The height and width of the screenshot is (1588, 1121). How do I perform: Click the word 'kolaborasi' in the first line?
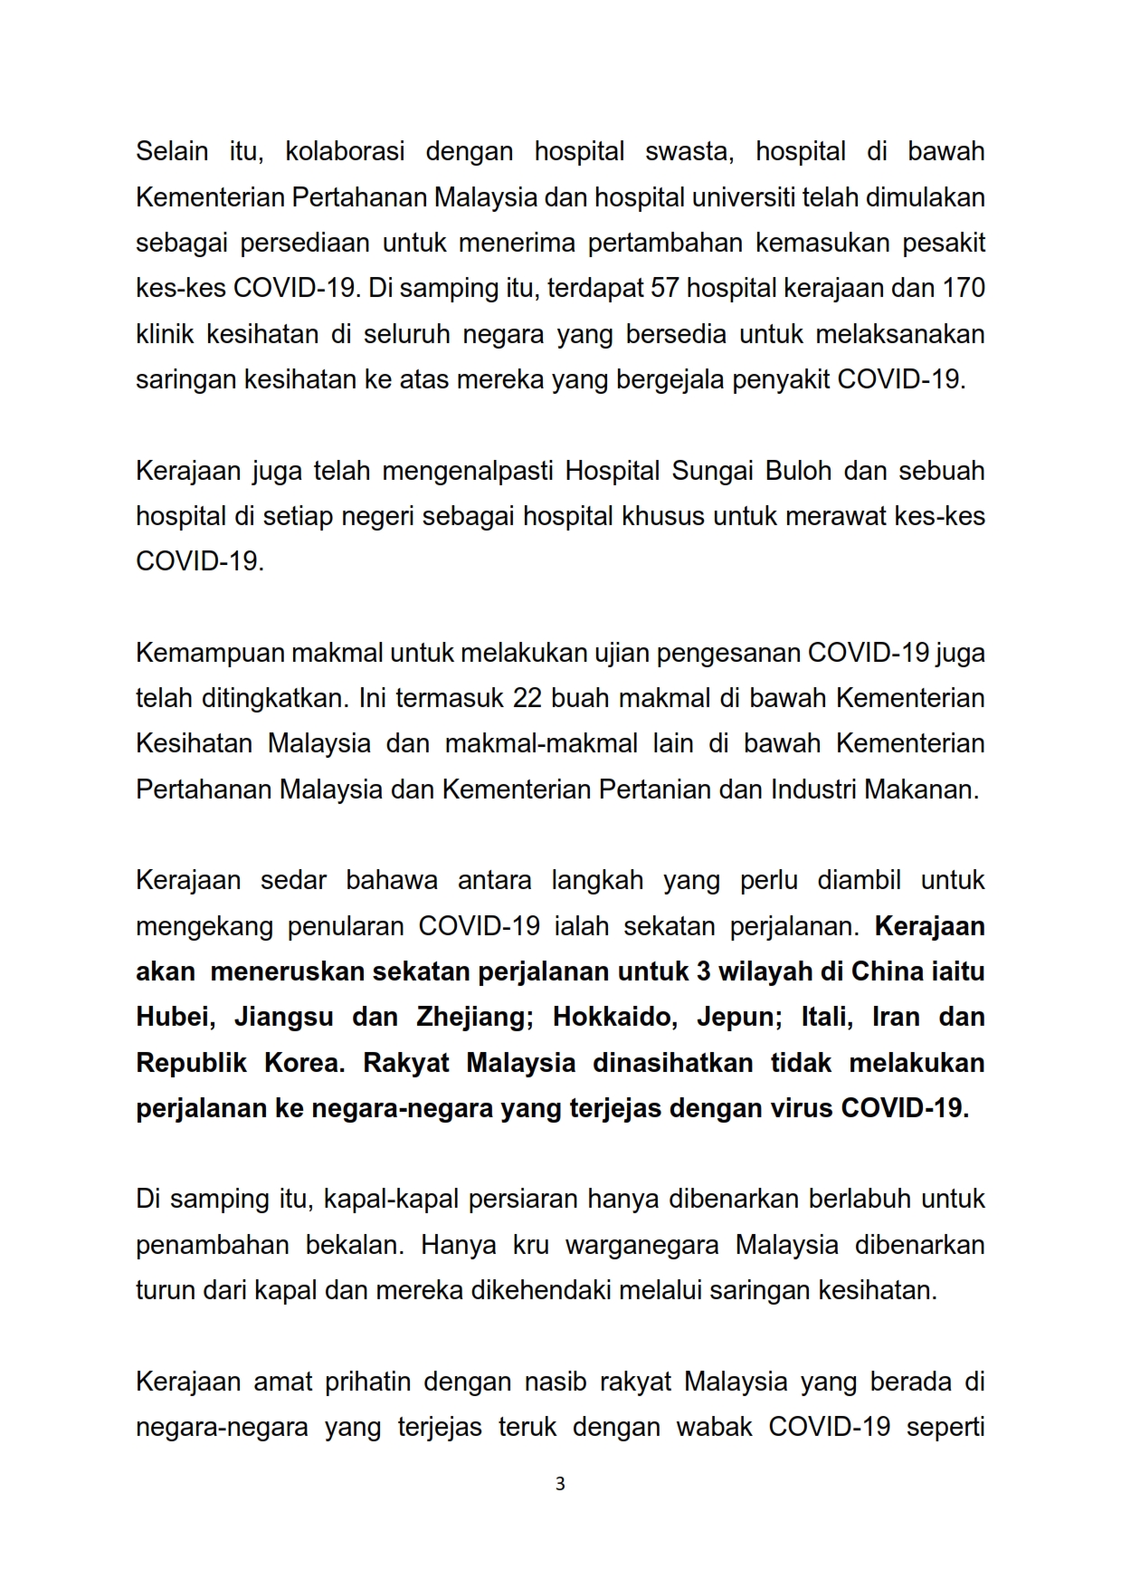click(345, 151)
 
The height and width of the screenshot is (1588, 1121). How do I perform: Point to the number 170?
click(964, 288)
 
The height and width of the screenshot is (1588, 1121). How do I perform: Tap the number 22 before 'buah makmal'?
click(527, 698)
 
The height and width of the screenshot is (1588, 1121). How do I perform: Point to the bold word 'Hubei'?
click(176, 1017)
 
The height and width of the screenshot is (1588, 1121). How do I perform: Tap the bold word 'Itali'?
click(827, 1017)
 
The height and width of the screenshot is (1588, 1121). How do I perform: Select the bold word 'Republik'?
click(191, 1062)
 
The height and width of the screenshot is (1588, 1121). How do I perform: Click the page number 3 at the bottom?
click(560, 1484)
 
